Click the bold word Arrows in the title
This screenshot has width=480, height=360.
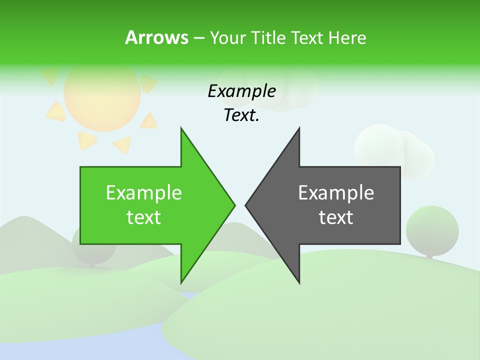click(156, 37)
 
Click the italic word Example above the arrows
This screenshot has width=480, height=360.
click(241, 91)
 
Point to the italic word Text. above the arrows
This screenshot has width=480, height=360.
click(241, 115)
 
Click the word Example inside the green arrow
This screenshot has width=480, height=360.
click(144, 193)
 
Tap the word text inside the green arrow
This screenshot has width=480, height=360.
click(144, 217)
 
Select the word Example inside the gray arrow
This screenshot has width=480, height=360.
click(336, 193)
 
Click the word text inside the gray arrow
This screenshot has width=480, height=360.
click(336, 217)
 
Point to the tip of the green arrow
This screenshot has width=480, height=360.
click(234, 204)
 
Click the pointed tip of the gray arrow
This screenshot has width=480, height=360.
click(246, 204)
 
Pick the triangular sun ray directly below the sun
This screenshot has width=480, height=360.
click(87, 140)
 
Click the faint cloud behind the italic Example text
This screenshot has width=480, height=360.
click(295, 90)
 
